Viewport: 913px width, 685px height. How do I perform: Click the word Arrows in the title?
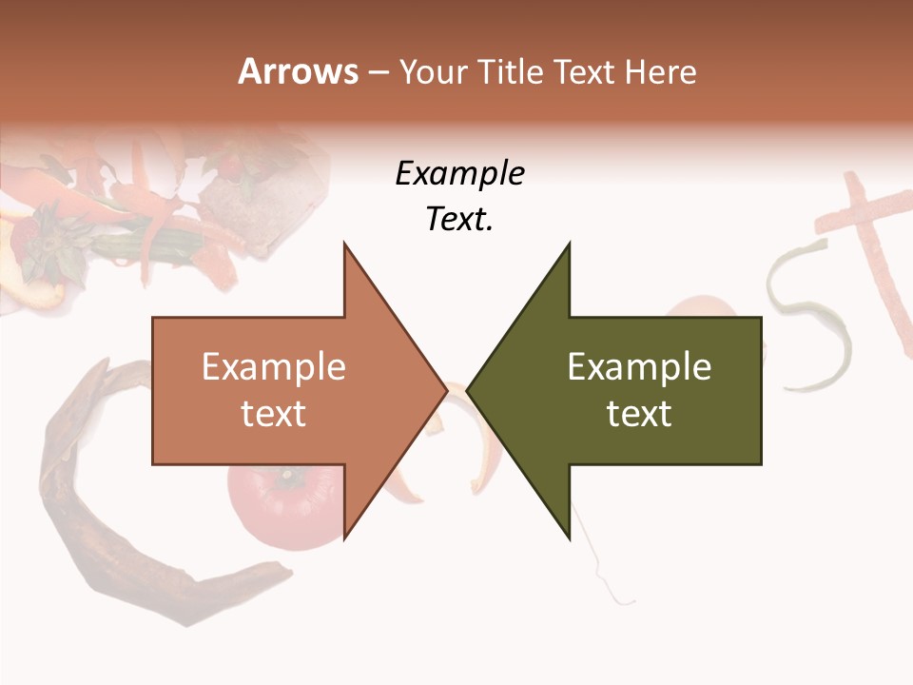[298, 71]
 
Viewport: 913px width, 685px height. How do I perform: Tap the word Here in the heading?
[660, 72]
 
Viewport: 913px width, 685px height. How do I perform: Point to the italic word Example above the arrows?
[459, 173]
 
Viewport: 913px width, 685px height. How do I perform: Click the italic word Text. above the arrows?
[459, 220]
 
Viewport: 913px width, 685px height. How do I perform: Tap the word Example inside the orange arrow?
[273, 366]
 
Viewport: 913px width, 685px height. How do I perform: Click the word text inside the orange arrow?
[273, 414]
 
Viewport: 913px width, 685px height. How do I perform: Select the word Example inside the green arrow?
[639, 366]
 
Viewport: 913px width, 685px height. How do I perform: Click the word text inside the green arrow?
[639, 414]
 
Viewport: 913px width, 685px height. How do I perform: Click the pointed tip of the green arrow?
[468, 390]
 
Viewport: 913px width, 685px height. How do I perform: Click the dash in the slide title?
[378, 72]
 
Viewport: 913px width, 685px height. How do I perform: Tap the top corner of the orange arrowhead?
[344, 244]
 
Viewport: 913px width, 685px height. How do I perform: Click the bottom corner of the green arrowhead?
[569, 538]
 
